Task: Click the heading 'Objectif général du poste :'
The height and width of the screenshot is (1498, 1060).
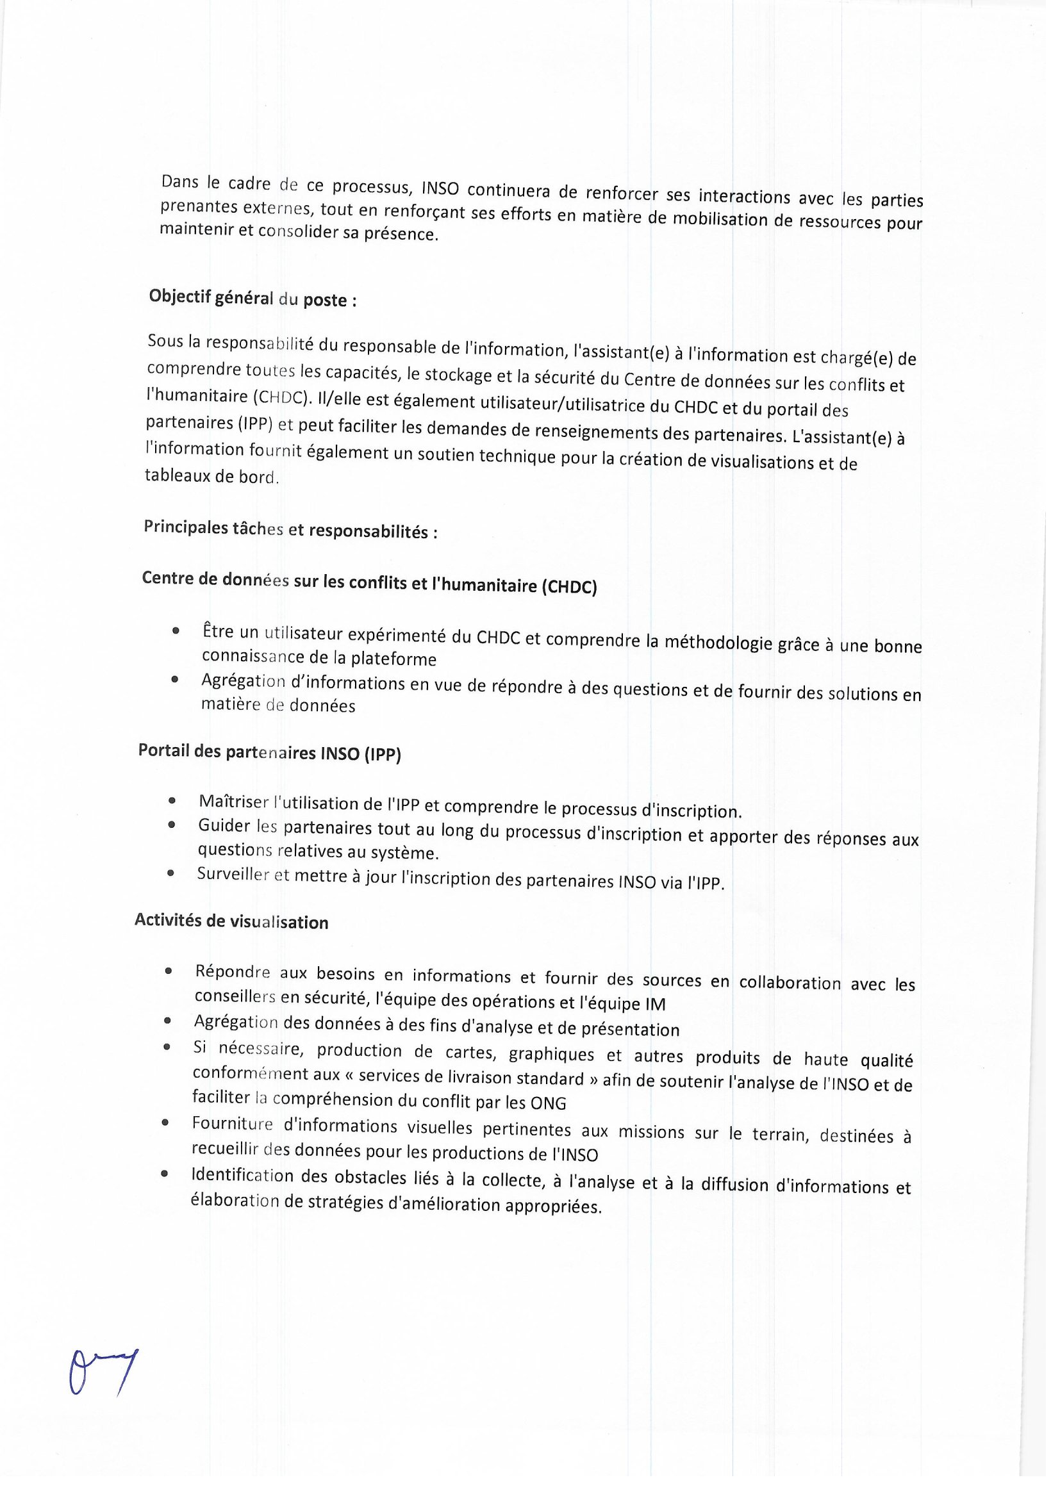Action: coord(253,298)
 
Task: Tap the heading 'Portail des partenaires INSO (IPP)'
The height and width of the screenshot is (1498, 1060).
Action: coord(270,752)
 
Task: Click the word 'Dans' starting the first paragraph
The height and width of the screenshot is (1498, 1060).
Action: coord(180,182)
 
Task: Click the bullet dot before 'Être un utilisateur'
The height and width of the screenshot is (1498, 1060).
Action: coord(175,631)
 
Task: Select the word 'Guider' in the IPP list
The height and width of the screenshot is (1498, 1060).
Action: coord(224,826)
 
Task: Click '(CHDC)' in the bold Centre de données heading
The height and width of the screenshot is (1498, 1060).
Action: coord(569,586)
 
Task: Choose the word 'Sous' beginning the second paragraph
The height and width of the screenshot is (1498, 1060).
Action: coord(166,341)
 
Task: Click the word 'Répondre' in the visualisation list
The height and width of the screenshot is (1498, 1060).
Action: coord(233,971)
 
